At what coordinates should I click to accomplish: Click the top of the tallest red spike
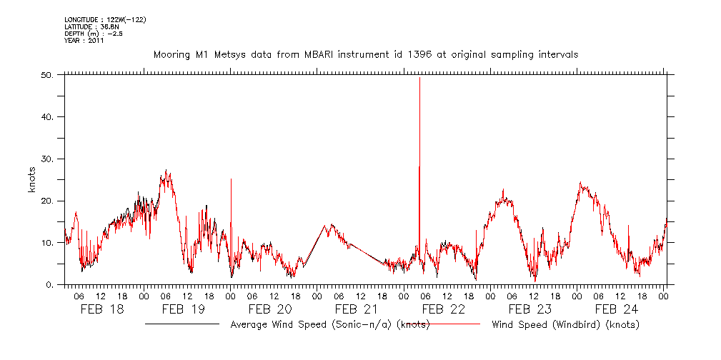click(x=419, y=78)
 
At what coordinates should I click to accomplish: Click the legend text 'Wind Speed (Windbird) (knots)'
click(x=565, y=325)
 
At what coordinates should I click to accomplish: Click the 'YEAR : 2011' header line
click(x=84, y=41)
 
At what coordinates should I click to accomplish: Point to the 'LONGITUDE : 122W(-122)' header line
click(x=105, y=19)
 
